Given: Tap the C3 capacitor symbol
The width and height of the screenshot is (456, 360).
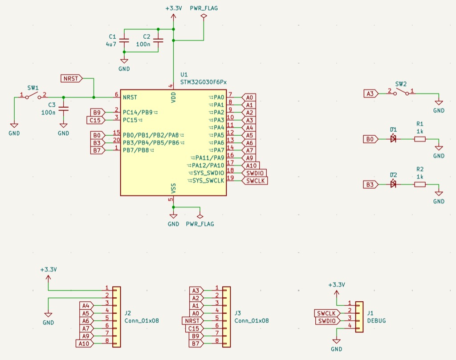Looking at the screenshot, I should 64,109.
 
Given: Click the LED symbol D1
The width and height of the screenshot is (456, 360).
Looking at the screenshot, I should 393,139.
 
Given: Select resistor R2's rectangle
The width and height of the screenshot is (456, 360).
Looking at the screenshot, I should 419,184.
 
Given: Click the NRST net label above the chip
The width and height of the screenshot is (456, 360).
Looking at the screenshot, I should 71,79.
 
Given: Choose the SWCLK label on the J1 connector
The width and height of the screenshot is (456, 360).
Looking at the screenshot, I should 327,313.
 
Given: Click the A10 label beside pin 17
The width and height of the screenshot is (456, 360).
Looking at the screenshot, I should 250,166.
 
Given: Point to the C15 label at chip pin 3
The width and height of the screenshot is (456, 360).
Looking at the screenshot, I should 95,120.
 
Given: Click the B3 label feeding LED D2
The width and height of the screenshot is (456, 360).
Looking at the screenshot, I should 370,184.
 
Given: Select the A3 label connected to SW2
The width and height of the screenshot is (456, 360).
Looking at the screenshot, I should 370,93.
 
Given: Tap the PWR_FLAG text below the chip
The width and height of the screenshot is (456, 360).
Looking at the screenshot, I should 199,224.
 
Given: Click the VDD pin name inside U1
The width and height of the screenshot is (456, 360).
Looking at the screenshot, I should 174,97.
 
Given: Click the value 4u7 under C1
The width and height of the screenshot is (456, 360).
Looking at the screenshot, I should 111,44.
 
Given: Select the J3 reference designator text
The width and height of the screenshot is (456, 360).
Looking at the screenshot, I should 238,313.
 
